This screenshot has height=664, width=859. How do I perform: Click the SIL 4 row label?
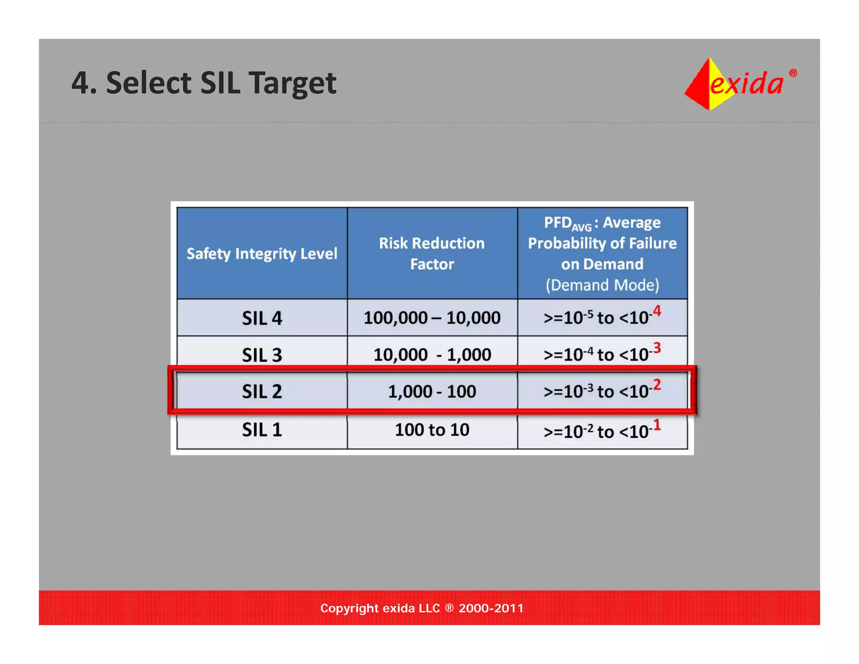click(x=262, y=318)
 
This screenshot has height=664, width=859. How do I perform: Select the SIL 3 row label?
click(x=262, y=355)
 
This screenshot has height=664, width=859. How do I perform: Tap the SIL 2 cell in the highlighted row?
click(x=262, y=392)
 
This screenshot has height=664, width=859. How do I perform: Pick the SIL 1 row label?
click(x=262, y=430)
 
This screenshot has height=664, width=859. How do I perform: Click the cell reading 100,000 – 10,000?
click(x=432, y=318)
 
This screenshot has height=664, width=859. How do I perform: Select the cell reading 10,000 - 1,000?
click(x=432, y=355)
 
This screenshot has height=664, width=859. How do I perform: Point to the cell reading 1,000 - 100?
click(x=432, y=392)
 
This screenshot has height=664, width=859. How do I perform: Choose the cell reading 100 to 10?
click(x=432, y=430)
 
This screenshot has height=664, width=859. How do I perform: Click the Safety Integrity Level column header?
click(x=262, y=254)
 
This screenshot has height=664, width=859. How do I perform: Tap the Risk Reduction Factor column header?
click(x=432, y=254)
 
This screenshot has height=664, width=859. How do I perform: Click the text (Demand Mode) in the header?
click(x=602, y=285)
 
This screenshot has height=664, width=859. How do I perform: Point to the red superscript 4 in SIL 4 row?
click(x=657, y=311)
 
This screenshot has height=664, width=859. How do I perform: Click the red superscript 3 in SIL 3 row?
click(x=657, y=348)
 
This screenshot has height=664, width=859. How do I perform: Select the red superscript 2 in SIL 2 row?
click(x=657, y=384)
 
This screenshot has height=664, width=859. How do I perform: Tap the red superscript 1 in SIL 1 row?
click(x=657, y=425)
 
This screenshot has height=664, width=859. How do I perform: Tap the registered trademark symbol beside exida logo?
click(x=793, y=73)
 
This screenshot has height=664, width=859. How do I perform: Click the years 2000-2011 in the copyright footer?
click(x=491, y=608)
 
